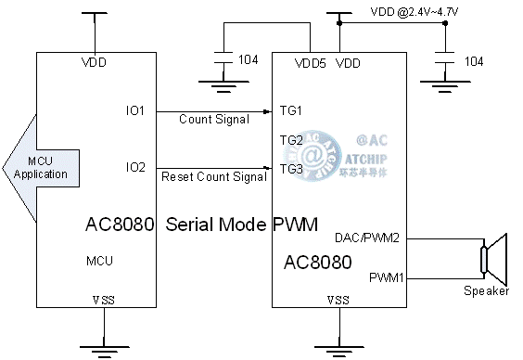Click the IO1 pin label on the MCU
click(x=135, y=110)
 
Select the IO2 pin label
click(x=135, y=167)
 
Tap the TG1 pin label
click(x=291, y=110)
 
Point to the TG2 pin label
click(x=291, y=140)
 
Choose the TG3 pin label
click(x=291, y=168)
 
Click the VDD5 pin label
click(x=310, y=63)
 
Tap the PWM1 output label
click(x=385, y=277)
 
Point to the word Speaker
click(x=486, y=291)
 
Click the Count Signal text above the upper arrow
click(x=214, y=120)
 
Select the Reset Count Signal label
click(x=214, y=176)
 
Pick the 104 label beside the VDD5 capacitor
click(x=249, y=60)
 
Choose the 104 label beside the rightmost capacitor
click(x=473, y=61)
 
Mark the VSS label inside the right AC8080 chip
click(x=338, y=300)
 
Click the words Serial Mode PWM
click(x=241, y=225)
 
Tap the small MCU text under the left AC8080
click(x=99, y=262)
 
